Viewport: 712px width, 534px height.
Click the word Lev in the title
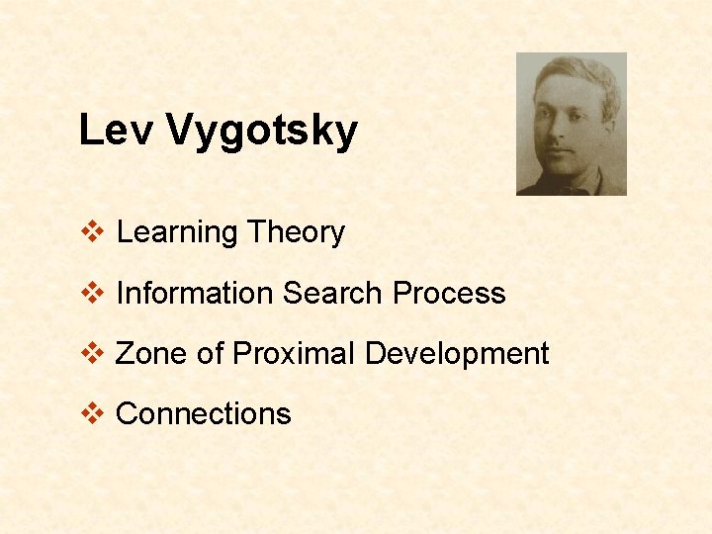coord(115,129)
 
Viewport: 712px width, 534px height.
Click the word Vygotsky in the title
coord(261,132)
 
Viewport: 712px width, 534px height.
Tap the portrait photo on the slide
coord(572,124)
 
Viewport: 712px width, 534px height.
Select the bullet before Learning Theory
coord(92,230)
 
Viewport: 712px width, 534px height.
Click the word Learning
coord(177,233)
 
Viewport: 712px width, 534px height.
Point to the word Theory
coord(296,233)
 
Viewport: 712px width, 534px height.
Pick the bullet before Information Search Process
coord(92,292)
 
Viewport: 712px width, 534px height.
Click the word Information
coord(195,293)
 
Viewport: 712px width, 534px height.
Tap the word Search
coord(332,293)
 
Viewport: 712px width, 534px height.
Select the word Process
coord(449,293)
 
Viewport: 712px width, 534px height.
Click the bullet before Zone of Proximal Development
coord(92,352)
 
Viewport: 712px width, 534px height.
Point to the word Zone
coord(150,353)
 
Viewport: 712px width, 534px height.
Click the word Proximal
coord(293,353)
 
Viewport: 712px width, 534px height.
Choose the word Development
coord(457,354)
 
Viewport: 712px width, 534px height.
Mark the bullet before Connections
coord(92,413)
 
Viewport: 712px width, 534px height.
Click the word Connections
coord(204,413)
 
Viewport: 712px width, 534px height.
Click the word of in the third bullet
coord(210,352)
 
